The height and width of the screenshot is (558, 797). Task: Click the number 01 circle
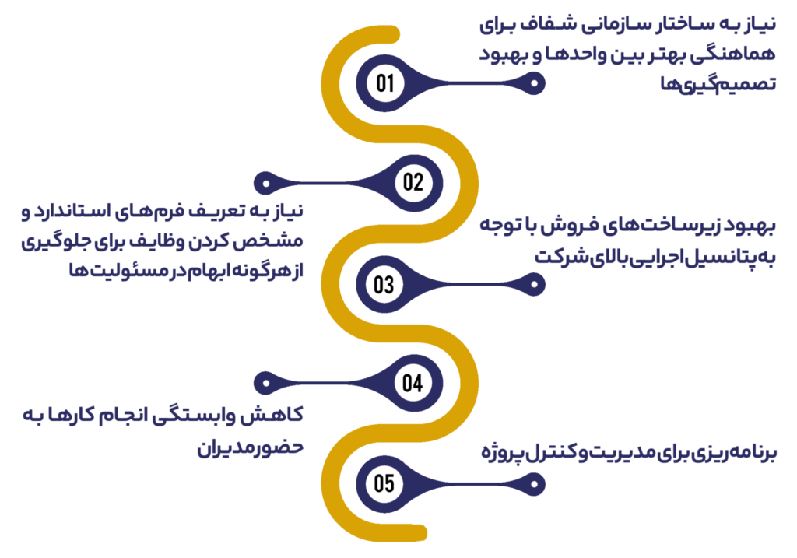point(384,82)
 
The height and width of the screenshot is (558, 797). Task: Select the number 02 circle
point(414,183)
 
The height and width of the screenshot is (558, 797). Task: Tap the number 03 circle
point(384,284)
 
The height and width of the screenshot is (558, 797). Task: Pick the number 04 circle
point(414,383)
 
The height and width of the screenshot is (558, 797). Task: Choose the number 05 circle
point(384,483)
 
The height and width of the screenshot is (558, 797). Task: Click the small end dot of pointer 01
point(534,83)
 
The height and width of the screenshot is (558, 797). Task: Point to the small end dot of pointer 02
point(265,183)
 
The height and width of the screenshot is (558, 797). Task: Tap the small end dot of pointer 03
point(534,284)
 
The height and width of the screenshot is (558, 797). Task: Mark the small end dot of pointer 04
point(265,383)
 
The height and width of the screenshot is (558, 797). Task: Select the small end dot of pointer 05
point(534,484)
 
